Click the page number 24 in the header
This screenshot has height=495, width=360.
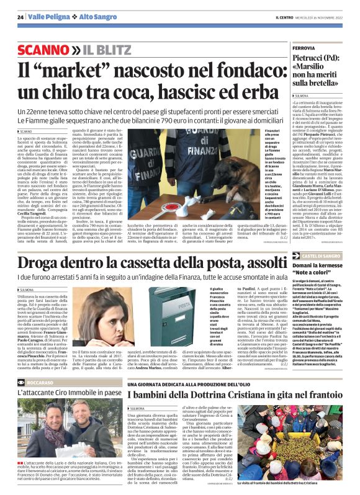[20, 17]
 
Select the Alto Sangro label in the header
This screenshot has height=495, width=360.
[92, 17]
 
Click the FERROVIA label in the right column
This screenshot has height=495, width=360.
[304, 48]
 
